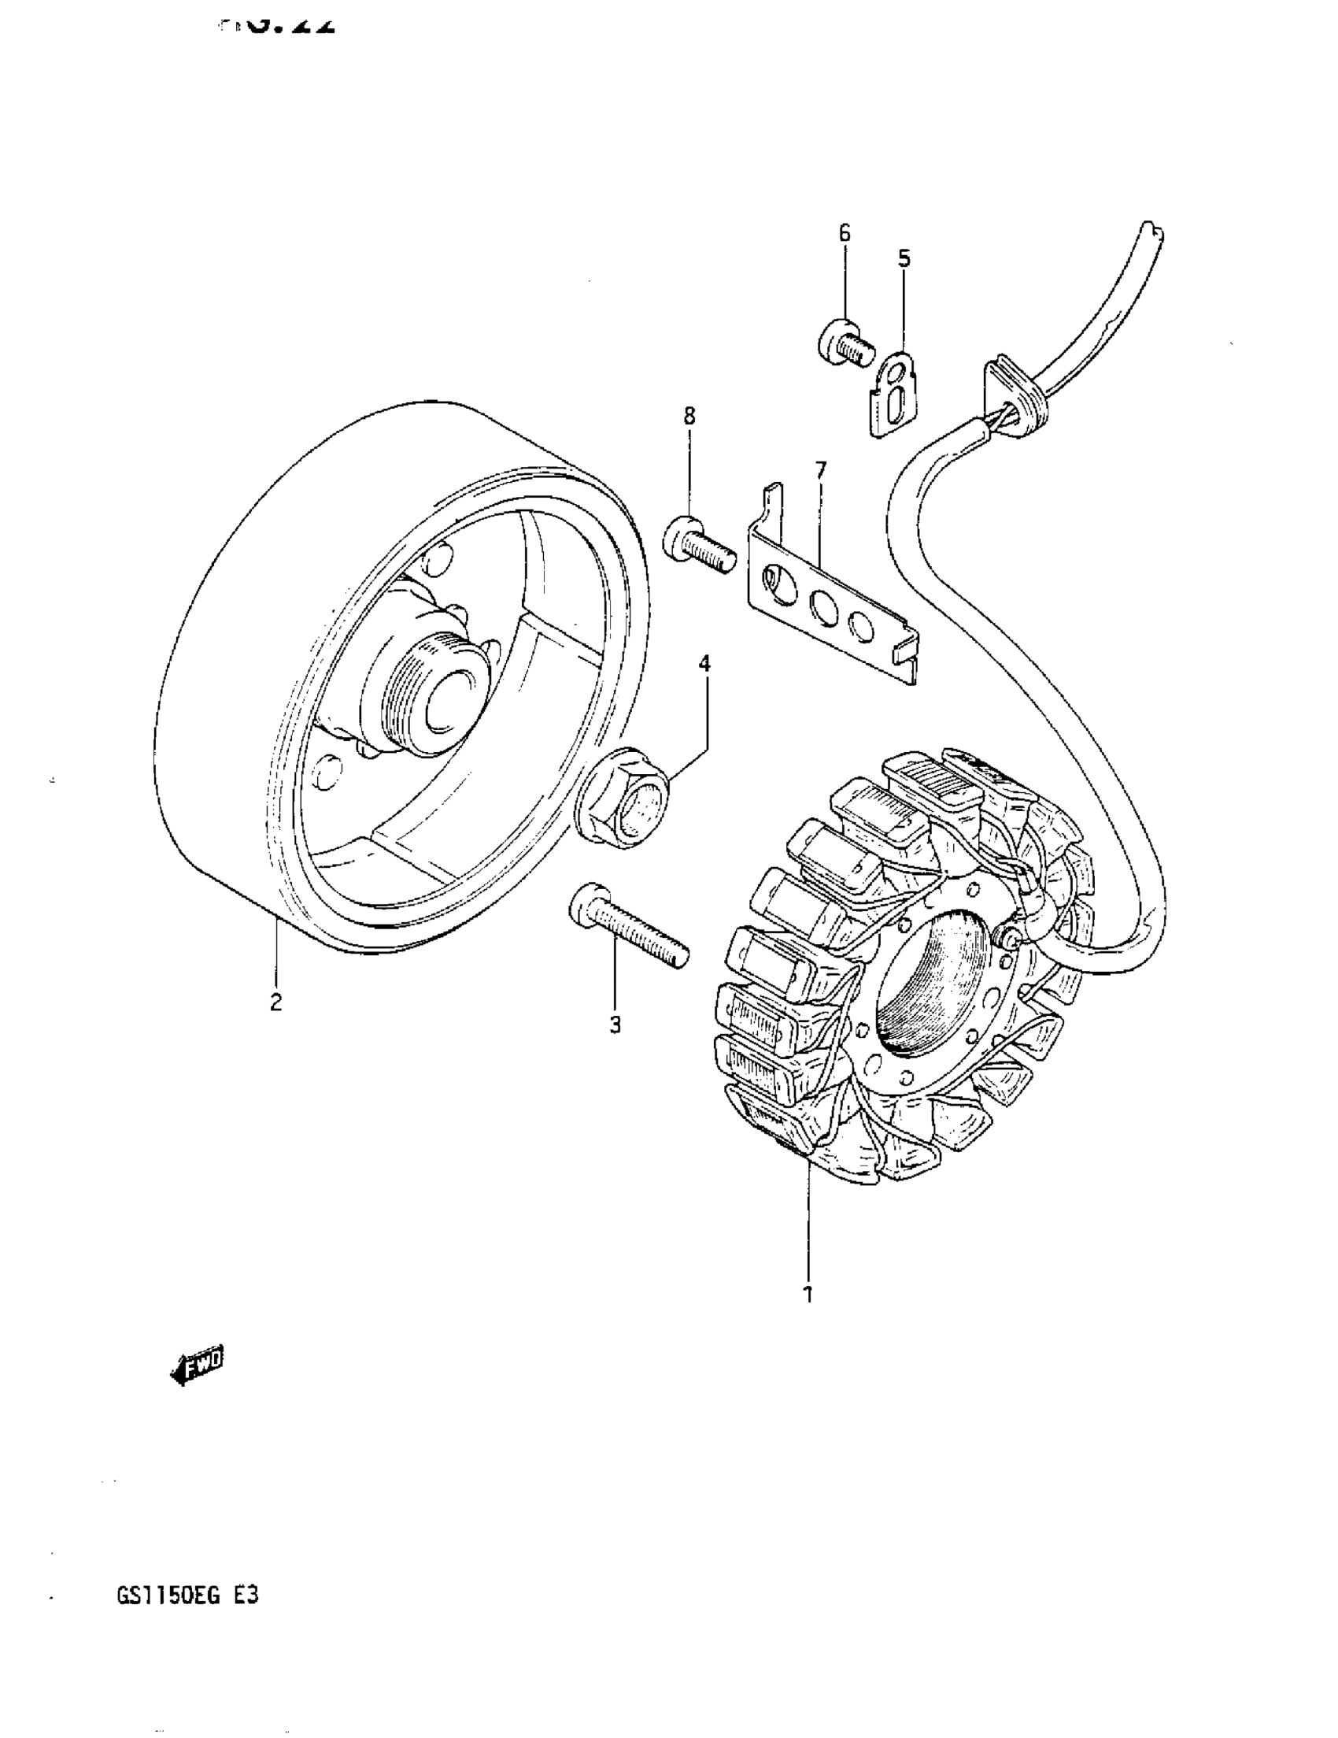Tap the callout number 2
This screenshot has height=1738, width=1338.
click(275, 1002)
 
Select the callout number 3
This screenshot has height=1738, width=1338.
click(614, 1026)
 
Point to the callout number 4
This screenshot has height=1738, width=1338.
click(704, 664)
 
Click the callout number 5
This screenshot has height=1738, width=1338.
click(904, 258)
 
